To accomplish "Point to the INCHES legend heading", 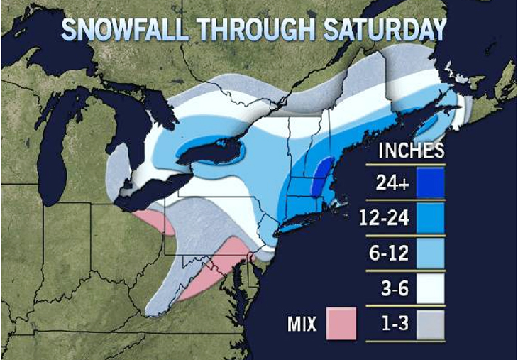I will (411, 151).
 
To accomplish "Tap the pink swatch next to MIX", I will (341, 324).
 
